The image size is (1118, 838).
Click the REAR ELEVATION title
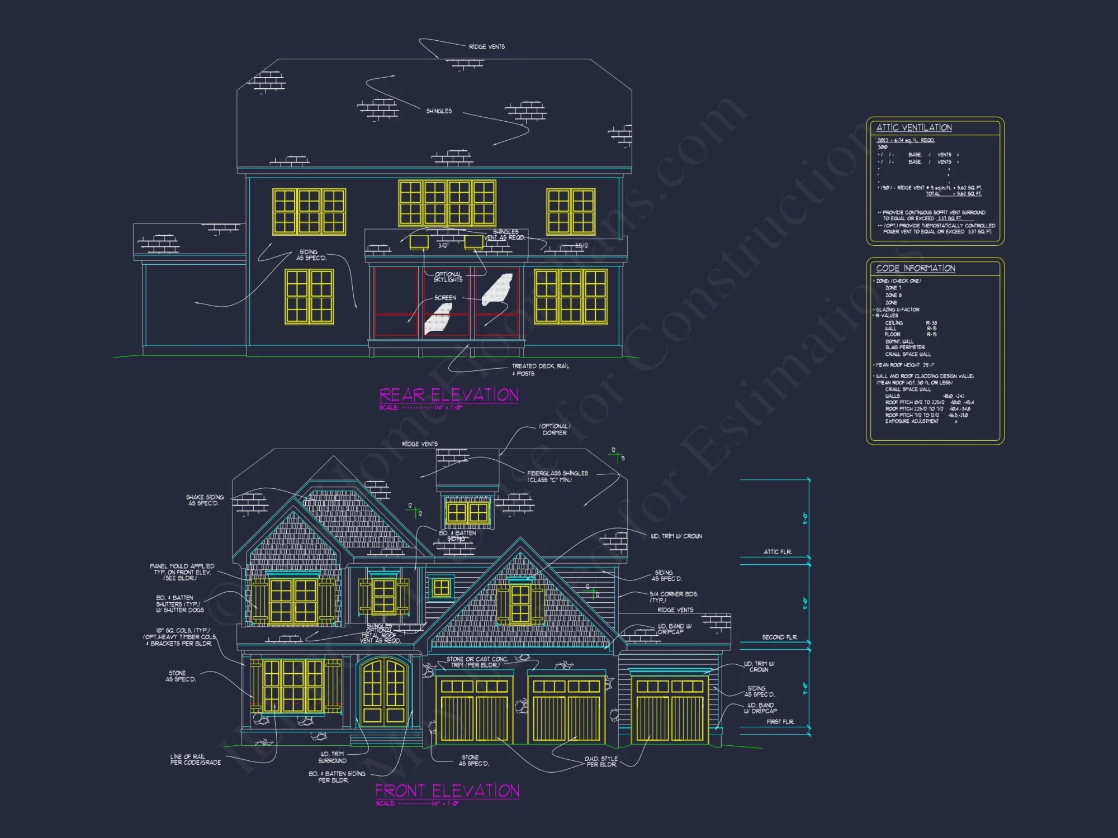pos(448,396)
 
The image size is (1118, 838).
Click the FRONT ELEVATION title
pos(447,791)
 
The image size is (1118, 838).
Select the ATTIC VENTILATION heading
pos(913,128)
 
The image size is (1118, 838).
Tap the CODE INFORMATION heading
pos(915,269)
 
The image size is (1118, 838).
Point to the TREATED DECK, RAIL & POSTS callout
pos(540,370)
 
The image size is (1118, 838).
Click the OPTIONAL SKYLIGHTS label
pos(448,277)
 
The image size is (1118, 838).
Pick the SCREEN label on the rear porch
pos(445,298)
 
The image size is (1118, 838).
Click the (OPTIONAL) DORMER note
pos(554,430)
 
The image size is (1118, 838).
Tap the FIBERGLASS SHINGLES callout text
pos(557,477)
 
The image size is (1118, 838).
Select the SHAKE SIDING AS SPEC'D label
pos(205,500)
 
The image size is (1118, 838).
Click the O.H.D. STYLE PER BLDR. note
pos(601,761)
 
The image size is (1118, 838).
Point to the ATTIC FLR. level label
pos(778,552)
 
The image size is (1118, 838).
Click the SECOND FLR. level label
pos(779,637)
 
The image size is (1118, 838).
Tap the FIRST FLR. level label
pos(780,722)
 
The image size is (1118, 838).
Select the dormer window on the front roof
pos(467,512)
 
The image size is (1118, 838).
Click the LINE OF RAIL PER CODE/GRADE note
pos(195,760)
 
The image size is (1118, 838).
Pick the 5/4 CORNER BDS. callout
pos(673,597)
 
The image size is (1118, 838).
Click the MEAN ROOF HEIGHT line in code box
pos(904,365)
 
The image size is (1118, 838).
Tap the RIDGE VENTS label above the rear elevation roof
pos(486,47)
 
